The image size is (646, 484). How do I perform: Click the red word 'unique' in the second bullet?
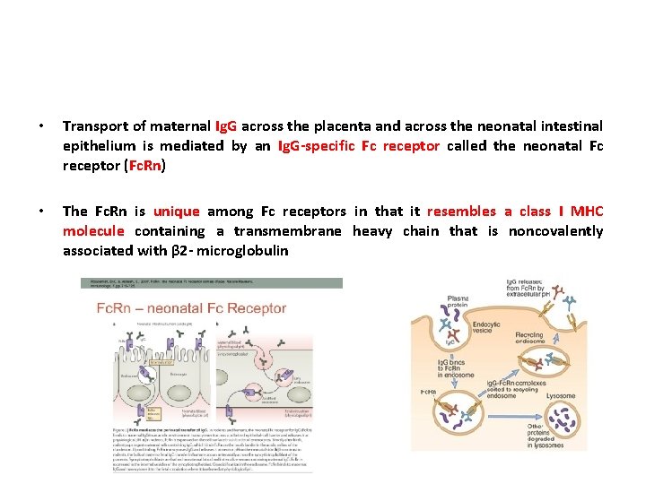(x=176, y=212)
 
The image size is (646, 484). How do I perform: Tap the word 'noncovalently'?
(x=556, y=231)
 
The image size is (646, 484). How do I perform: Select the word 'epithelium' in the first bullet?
(x=99, y=145)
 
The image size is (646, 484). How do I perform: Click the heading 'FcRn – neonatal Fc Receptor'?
(x=191, y=308)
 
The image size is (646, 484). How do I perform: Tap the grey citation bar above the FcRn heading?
(x=211, y=283)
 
